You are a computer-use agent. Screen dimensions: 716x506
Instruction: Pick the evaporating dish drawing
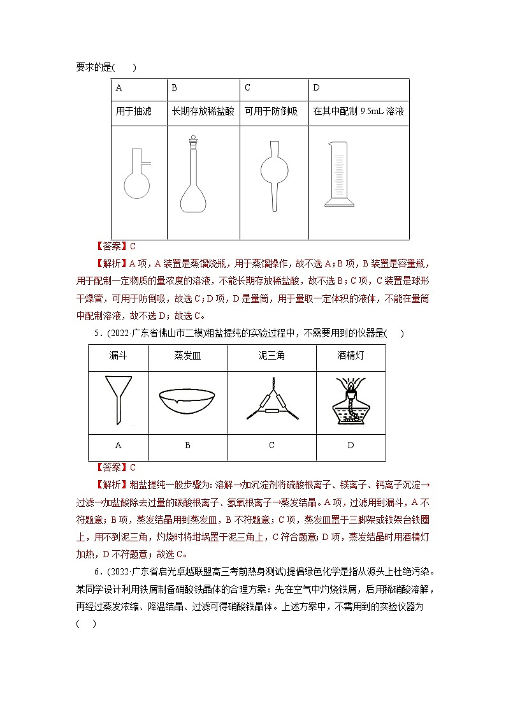(187, 401)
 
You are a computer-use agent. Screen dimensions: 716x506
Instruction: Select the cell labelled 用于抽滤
(134, 111)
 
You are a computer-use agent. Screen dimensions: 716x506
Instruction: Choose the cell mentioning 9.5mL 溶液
(358, 111)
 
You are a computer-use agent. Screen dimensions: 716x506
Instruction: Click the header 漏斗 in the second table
(118, 355)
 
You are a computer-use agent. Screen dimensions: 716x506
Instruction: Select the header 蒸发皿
(187, 355)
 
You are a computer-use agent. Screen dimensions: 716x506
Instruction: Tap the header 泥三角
(271, 355)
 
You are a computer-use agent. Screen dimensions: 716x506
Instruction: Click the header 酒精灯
(351, 355)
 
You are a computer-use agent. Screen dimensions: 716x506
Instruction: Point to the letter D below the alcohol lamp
(351, 445)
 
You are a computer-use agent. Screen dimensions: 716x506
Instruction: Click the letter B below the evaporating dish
(187, 445)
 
